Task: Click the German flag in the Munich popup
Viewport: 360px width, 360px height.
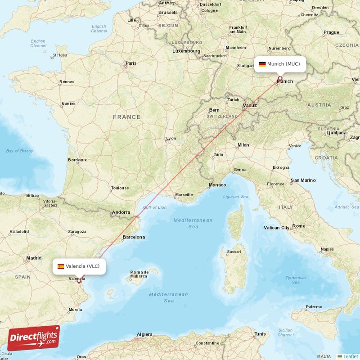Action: pyautogui.click(x=262, y=64)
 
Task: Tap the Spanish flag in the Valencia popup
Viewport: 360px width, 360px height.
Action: pyautogui.click(x=60, y=266)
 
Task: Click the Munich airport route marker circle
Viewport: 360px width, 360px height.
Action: pyautogui.click(x=279, y=78)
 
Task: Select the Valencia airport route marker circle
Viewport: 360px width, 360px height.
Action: pyautogui.click(x=79, y=281)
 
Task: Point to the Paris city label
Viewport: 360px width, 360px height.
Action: pyautogui.click(x=131, y=63)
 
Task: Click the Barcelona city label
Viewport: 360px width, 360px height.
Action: pyautogui.click(x=134, y=237)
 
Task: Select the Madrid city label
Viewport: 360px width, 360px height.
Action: pyautogui.click(x=34, y=258)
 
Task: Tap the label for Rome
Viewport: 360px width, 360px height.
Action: pyautogui.click(x=299, y=226)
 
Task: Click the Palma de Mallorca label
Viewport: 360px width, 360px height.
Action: pyautogui.click(x=139, y=274)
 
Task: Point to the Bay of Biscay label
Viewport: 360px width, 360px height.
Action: pyautogui.click(x=20, y=151)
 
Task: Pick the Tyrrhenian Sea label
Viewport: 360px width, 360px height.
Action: pyautogui.click(x=296, y=280)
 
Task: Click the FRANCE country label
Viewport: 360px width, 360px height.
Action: pyautogui.click(x=126, y=117)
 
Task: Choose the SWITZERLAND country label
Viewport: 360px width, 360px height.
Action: pyautogui.click(x=222, y=116)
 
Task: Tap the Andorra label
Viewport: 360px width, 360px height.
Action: pyautogui.click(x=121, y=212)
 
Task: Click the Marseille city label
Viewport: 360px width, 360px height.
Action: pyautogui.click(x=184, y=195)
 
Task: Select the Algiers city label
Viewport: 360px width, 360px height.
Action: pyautogui.click(x=144, y=335)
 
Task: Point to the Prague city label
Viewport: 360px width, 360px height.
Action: pyautogui.click(x=331, y=32)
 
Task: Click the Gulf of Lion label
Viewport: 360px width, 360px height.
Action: pyautogui.click(x=155, y=207)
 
